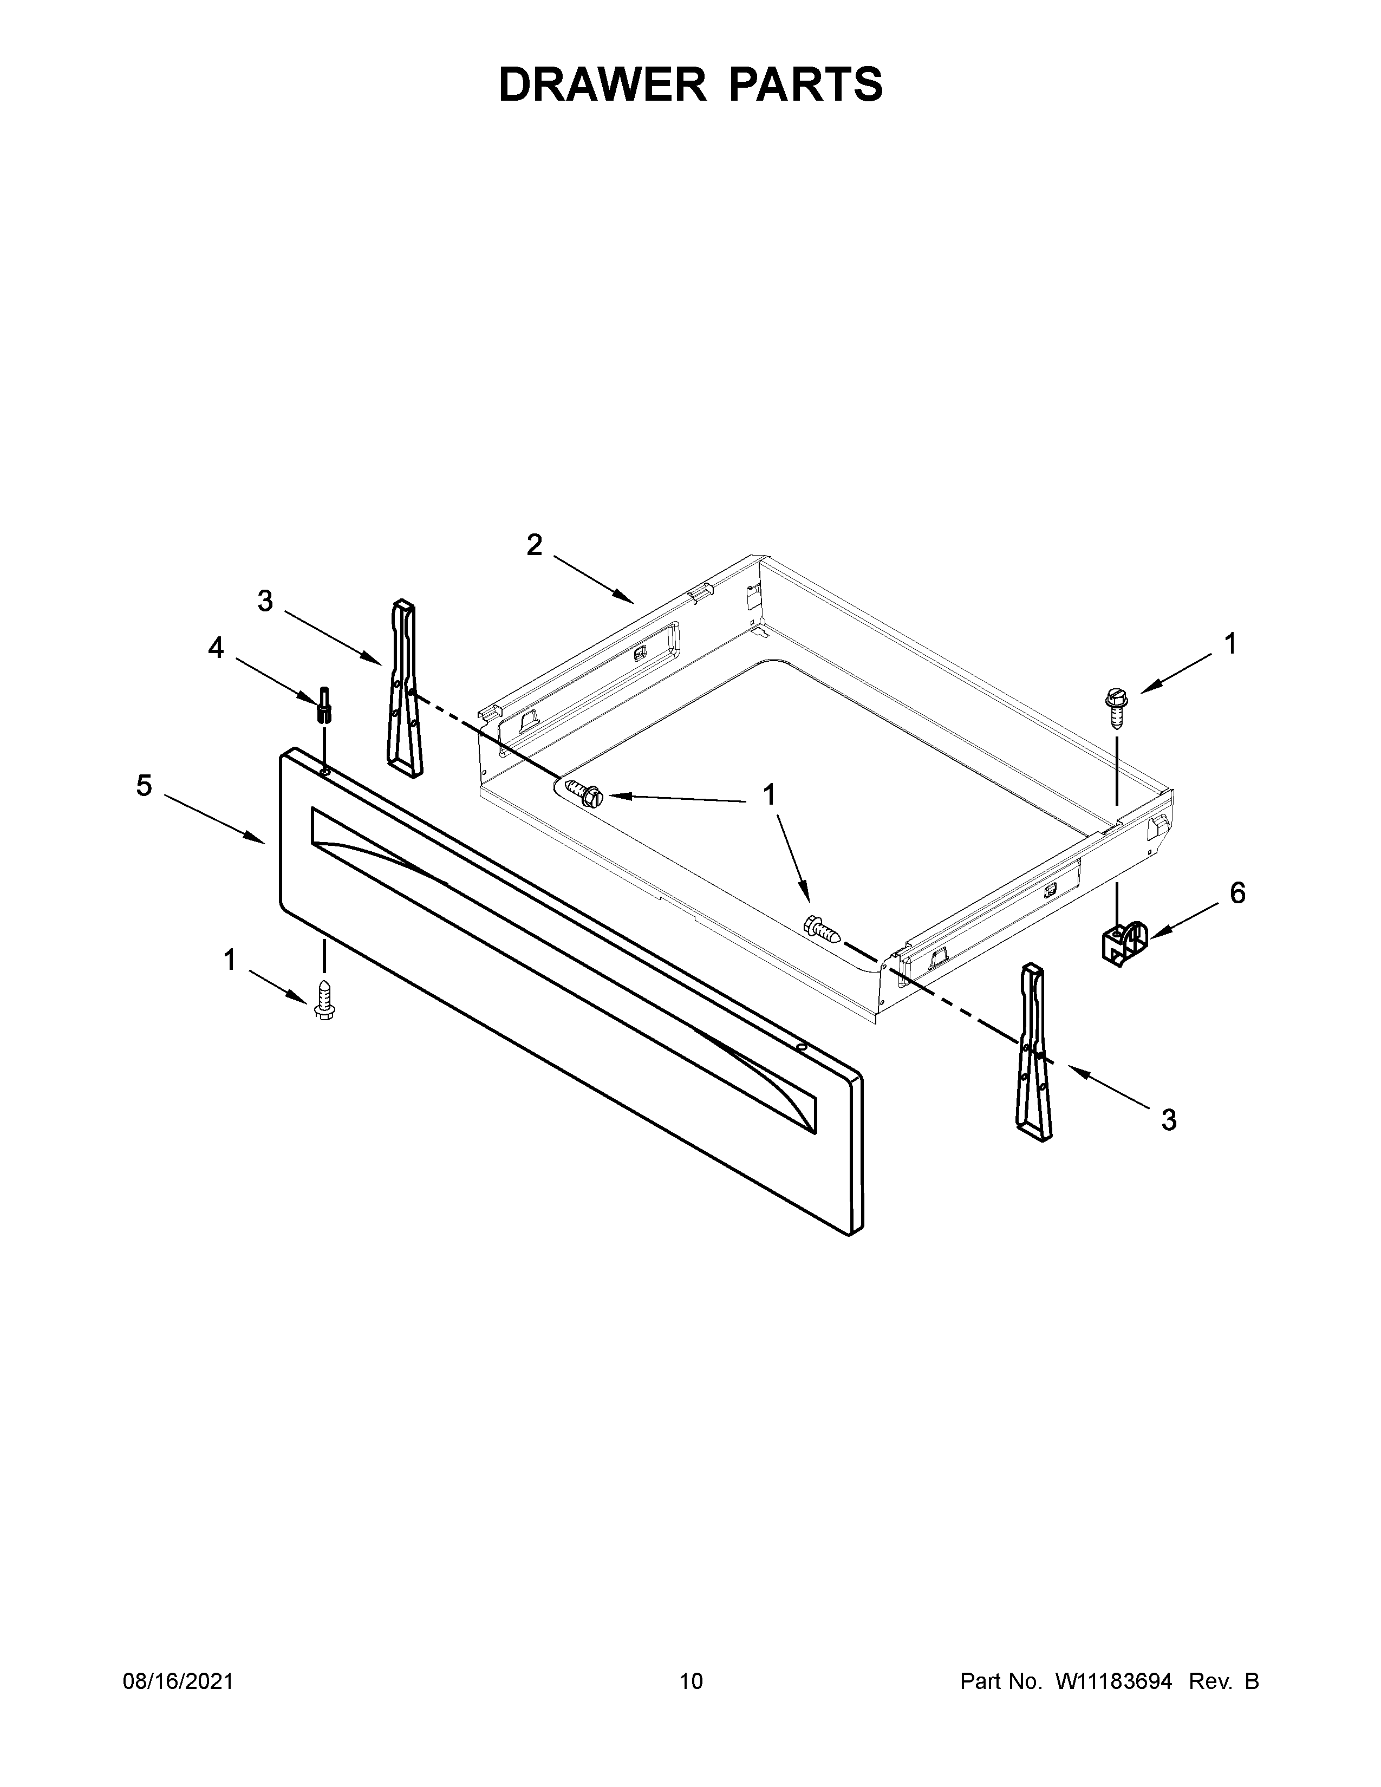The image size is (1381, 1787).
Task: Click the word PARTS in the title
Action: pyautogui.click(x=805, y=84)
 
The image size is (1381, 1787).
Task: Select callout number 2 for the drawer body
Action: pyautogui.click(x=533, y=545)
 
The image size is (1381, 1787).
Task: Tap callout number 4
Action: pyautogui.click(x=215, y=648)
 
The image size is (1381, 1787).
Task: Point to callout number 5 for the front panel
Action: pyautogui.click(x=144, y=786)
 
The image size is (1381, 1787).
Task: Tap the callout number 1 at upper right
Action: pyautogui.click(x=1230, y=644)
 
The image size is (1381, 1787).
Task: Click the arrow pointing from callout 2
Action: pyautogui.click(x=593, y=580)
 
